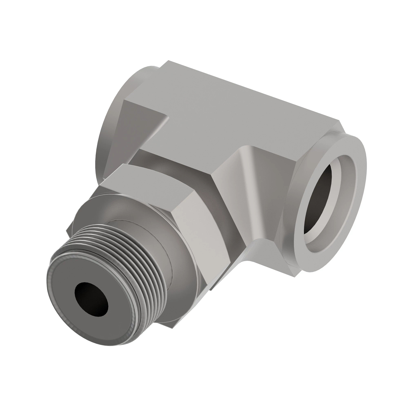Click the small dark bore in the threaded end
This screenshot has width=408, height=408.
tap(91, 295)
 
